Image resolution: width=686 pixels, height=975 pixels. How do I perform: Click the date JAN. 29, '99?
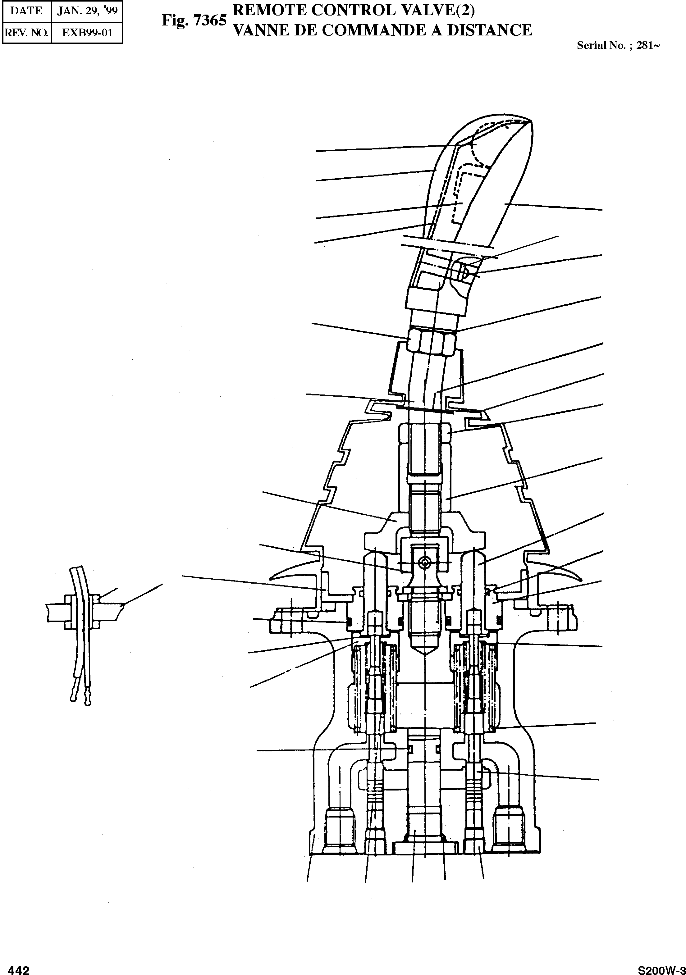(x=87, y=10)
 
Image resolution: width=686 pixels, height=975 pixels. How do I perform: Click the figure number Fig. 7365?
(x=194, y=21)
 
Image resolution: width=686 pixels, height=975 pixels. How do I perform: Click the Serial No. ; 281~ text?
(x=618, y=45)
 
